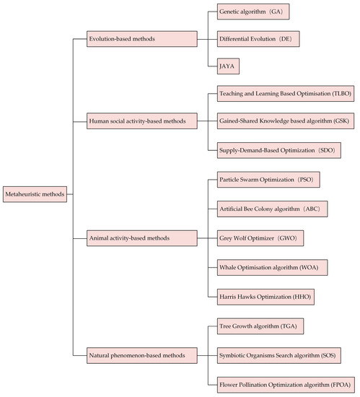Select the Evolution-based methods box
click(141, 38)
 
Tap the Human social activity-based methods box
click(141, 122)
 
